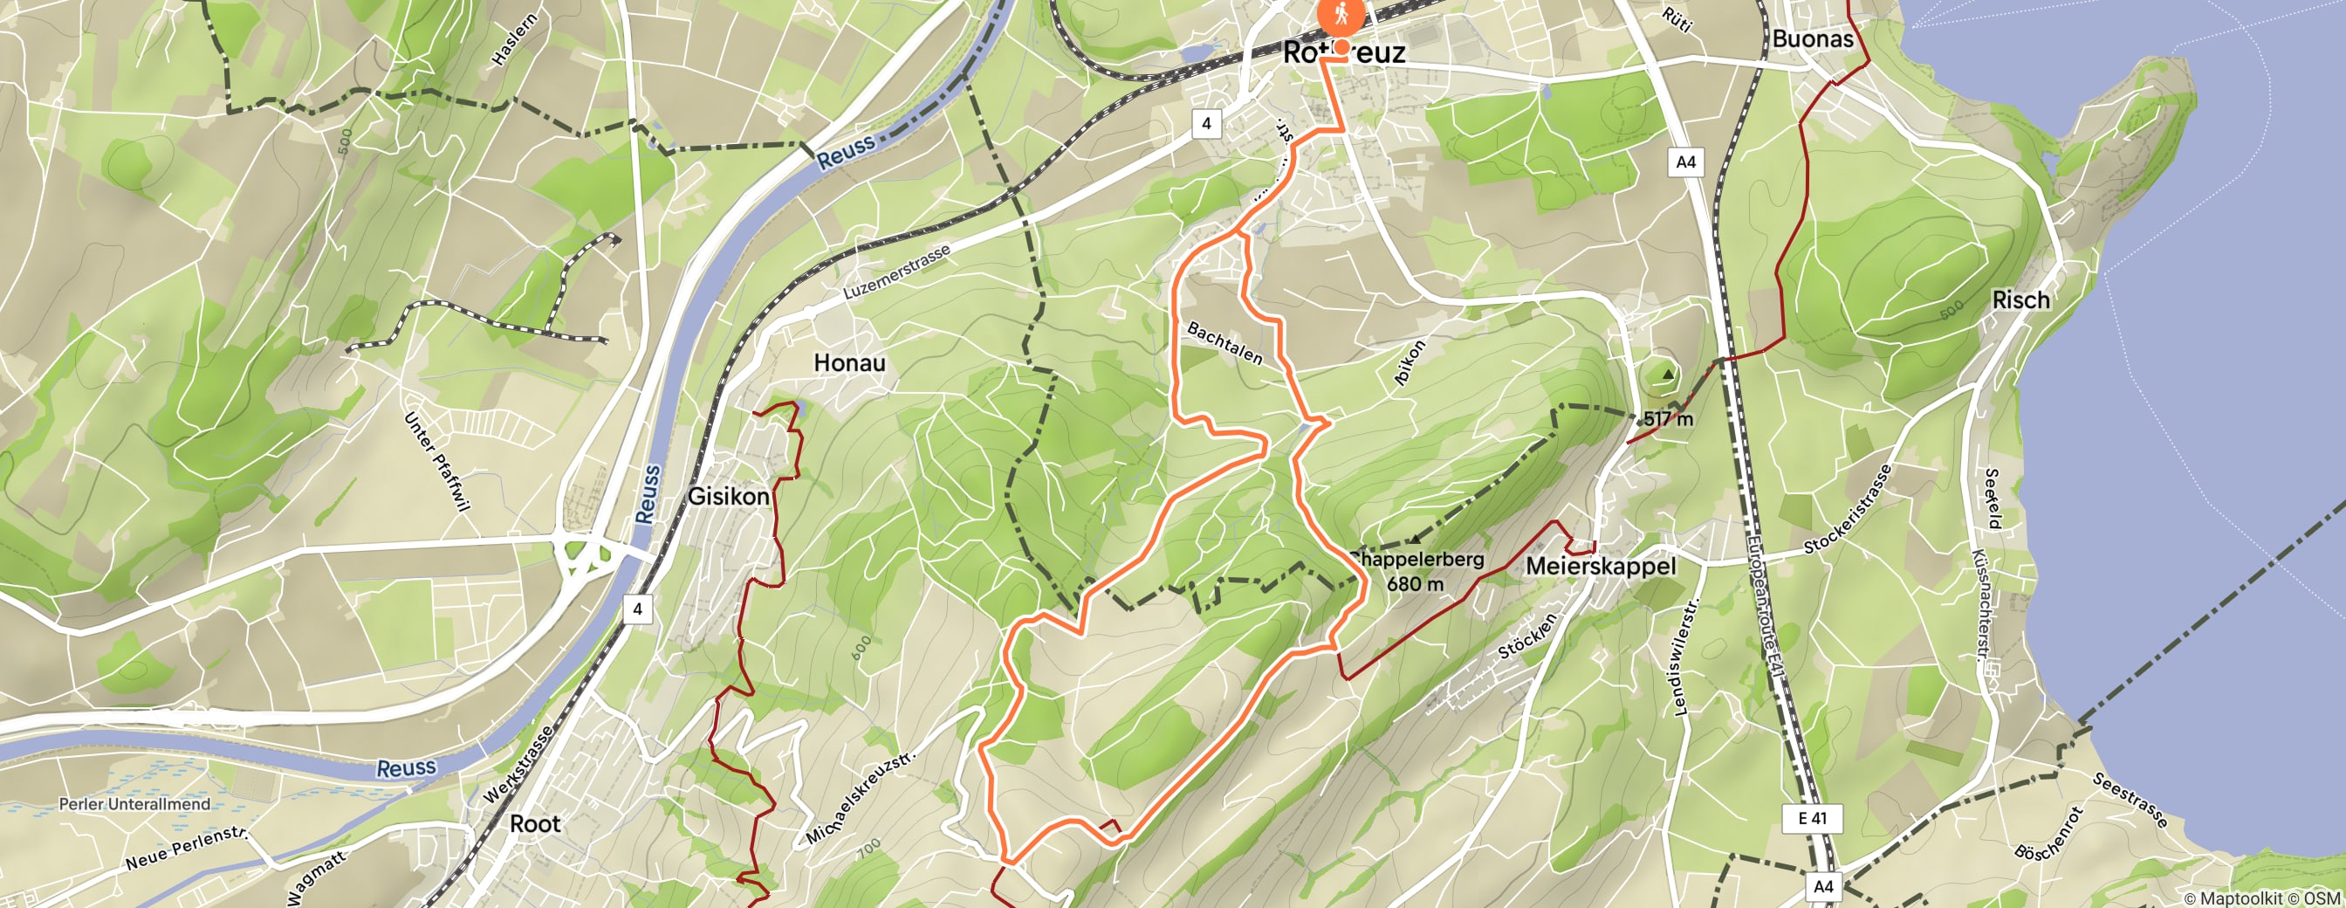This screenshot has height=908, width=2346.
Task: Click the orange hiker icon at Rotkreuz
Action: click(x=1341, y=15)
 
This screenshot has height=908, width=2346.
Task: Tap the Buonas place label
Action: click(x=1813, y=39)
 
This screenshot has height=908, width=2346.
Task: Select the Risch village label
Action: click(x=2020, y=299)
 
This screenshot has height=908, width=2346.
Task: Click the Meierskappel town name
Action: click(x=1600, y=567)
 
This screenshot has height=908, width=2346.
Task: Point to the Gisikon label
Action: click(x=728, y=497)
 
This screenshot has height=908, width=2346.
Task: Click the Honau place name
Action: click(x=849, y=362)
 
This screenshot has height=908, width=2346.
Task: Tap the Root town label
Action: click(x=535, y=823)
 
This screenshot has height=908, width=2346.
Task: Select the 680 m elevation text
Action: click(x=1415, y=584)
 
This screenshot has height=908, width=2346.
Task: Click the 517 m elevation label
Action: click(x=1668, y=419)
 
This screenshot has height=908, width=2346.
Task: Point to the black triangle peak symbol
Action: click(x=1668, y=374)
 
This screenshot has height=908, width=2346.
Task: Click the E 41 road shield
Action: click(x=1811, y=818)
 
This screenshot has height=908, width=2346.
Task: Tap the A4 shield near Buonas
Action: click(x=1685, y=162)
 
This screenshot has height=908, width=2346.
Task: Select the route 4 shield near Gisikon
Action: click(x=637, y=609)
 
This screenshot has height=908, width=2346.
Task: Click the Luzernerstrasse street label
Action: click(x=896, y=272)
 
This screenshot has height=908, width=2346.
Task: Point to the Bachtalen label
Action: click(x=1224, y=343)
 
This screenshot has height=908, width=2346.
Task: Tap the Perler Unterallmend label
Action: click(x=134, y=804)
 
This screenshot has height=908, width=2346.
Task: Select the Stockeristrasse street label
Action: click(x=1848, y=508)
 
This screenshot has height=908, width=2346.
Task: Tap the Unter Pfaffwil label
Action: click(x=437, y=460)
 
